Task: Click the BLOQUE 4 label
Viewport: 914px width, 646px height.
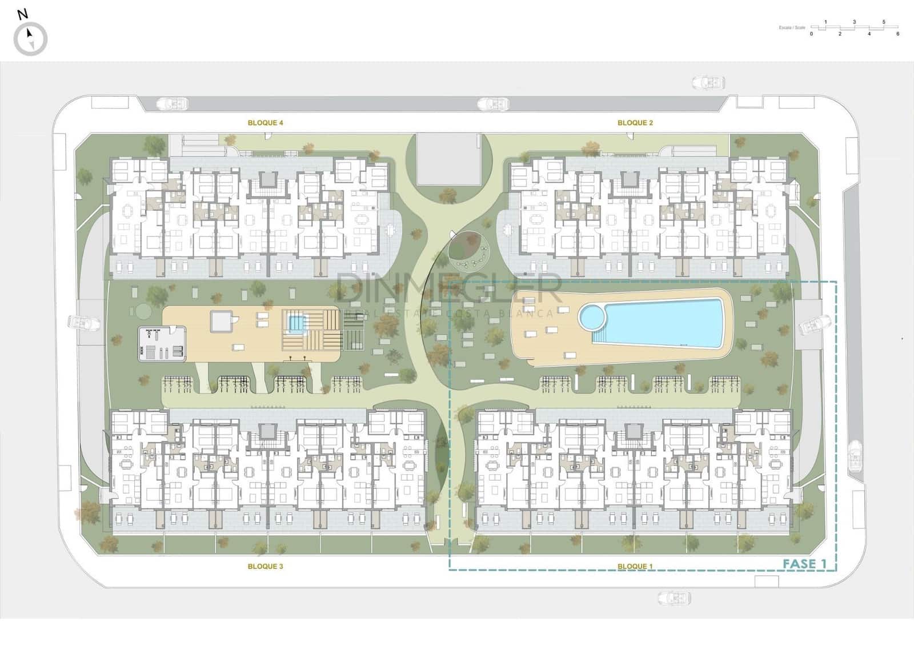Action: point(265,123)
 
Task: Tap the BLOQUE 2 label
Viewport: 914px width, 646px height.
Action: point(635,123)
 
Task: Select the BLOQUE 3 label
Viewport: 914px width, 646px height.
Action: point(265,566)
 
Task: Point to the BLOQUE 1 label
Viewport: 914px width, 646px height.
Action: point(635,566)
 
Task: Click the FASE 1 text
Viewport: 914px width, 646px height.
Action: point(804,564)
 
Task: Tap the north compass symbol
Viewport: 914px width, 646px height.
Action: point(30,39)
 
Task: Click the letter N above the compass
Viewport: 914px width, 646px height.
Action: point(22,15)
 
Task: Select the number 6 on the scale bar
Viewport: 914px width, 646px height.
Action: point(897,34)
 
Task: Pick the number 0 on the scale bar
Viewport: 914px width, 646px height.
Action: point(811,34)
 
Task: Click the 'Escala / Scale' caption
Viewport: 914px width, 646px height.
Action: point(792,27)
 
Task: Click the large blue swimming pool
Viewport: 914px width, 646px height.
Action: point(663,324)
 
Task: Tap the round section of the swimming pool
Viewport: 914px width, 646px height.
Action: point(592,316)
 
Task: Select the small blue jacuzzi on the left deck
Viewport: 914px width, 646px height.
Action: point(296,324)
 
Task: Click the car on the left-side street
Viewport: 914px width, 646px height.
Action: point(79,322)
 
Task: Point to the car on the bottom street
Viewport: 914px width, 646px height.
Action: point(674,598)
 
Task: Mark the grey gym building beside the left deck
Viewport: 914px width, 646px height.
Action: point(162,343)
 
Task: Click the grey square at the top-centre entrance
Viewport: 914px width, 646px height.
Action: point(449,159)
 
